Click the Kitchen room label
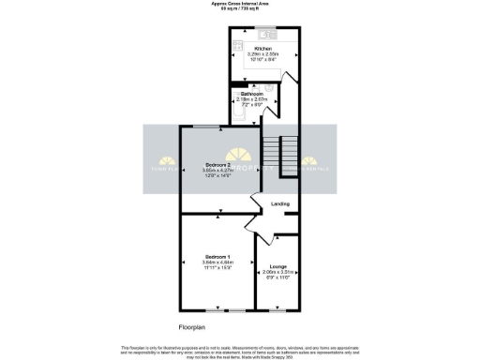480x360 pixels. pyautogui.click(x=262, y=48)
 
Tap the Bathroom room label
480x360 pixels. pyautogui.click(x=251, y=94)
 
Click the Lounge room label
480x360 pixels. pyautogui.click(x=277, y=267)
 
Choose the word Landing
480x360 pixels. pyautogui.click(x=280, y=203)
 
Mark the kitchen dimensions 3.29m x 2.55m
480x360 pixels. pyautogui.click(x=262, y=54)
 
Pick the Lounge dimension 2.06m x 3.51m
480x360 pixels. pyautogui.click(x=277, y=274)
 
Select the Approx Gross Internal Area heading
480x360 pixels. pyautogui.click(x=241, y=4)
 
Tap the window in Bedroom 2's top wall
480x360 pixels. pyautogui.click(x=207, y=126)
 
